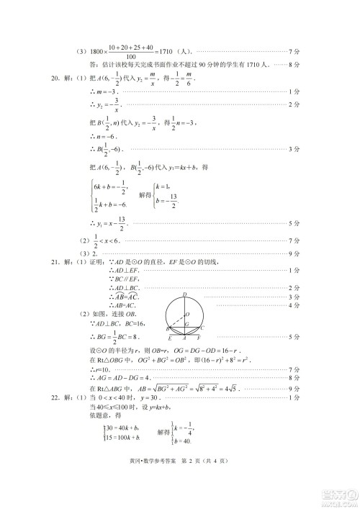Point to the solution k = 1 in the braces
click(170, 186)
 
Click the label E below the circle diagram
click(168, 337)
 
